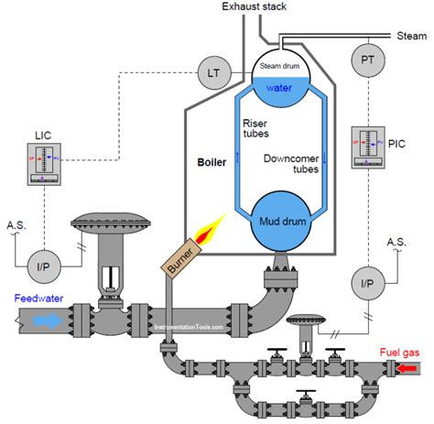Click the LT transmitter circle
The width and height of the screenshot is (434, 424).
tap(212, 70)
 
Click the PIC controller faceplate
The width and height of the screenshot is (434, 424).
tap(371, 148)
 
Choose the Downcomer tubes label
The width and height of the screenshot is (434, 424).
tap(291, 162)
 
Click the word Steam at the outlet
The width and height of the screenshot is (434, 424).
tap(411, 36)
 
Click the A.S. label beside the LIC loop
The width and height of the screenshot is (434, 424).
tap(17, 224)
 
